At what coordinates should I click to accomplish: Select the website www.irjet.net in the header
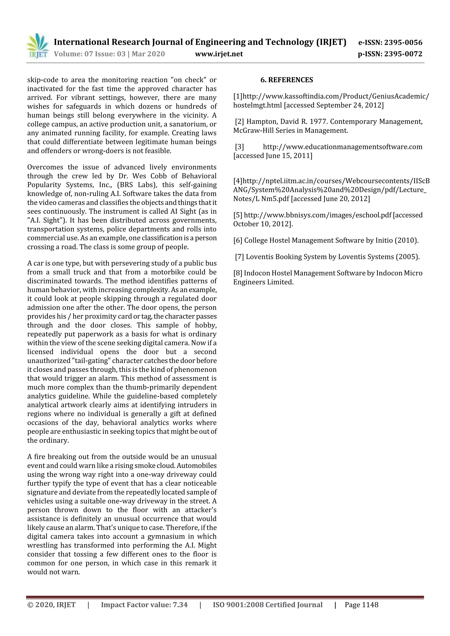click(219, 54)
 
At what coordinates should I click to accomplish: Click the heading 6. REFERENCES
click(287, 80)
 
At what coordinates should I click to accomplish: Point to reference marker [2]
click(240, 122)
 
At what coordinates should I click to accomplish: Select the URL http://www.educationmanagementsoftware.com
click(342, 147)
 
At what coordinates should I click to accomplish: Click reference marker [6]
click(238, 240)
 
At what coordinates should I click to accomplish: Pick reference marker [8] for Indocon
click(238, 273)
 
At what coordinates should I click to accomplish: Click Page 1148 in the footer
click(361, 605)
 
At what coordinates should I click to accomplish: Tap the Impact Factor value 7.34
click(180, 605)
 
